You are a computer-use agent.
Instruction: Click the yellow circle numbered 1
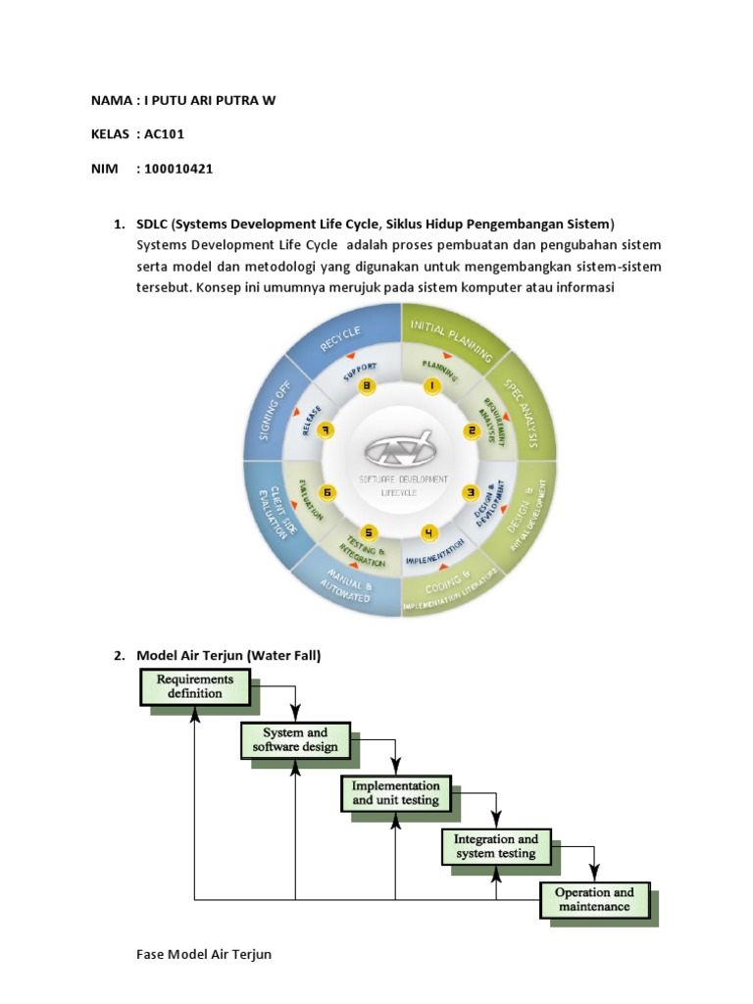(431, 386)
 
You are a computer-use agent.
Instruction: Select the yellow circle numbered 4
(429, 532)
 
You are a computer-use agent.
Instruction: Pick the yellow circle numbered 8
(368, 386)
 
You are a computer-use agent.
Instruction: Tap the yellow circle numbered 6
(327, 491)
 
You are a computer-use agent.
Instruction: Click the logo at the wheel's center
(400, 451)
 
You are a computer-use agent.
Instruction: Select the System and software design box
(295, 740)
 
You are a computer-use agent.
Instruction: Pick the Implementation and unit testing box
(395, 793)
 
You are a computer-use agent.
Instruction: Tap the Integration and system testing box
(495, 846)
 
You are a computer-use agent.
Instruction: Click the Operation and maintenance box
(594, 899)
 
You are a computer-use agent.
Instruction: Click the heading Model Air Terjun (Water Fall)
(228, 655)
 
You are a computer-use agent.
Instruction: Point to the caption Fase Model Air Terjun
(204, 954)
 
